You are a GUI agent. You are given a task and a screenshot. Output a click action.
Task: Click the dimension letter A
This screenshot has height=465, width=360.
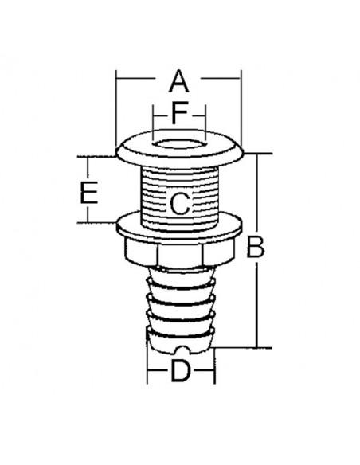click(179, 80)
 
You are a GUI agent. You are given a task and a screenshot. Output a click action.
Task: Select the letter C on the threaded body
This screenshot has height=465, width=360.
click(180, 203)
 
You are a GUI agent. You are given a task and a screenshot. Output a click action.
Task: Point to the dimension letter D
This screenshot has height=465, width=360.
click(181, 372)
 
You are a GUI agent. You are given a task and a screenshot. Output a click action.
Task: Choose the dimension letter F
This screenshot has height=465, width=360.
click(181, 113)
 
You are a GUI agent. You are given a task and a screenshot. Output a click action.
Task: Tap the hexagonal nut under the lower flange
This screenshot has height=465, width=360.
click(180, 254)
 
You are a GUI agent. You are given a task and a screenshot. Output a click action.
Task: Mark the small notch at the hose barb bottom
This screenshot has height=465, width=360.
click(182, 349)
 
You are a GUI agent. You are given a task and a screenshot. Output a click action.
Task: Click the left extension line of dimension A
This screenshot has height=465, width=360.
click(117, 111)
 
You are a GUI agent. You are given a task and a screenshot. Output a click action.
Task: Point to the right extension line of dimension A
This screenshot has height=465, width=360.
click(241, 111)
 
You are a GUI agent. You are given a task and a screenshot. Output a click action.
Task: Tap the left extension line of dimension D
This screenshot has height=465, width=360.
click(147, 366)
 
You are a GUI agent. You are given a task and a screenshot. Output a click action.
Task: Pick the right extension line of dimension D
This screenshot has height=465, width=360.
click(216, 366)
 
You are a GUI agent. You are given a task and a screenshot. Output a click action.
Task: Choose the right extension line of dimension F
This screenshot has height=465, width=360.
click(205, 119)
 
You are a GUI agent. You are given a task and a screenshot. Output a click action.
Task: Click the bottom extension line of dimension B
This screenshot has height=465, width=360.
click(247, 347)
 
